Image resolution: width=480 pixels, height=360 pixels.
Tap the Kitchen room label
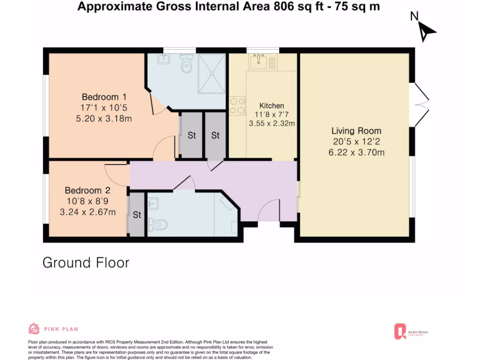(x=271, y=105)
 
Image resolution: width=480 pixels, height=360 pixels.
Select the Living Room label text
(x=356, y=131)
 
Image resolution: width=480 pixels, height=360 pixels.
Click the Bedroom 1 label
(x=100, y=97)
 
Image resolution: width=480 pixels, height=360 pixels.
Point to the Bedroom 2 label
(x=87, y=190)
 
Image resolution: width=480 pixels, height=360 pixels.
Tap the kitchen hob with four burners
(x=238, y=105)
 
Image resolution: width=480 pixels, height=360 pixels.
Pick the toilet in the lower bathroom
(x=157, y=225)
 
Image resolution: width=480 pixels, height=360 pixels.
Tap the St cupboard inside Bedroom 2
(x=137, y=215)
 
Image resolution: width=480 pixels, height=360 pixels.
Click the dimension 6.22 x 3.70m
(x=356, y=152)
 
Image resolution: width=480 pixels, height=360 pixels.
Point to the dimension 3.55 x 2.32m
(x=271, y=124)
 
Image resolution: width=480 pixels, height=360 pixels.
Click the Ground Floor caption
(x=86, y=262)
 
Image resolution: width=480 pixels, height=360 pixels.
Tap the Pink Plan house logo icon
(x=34, y=329)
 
